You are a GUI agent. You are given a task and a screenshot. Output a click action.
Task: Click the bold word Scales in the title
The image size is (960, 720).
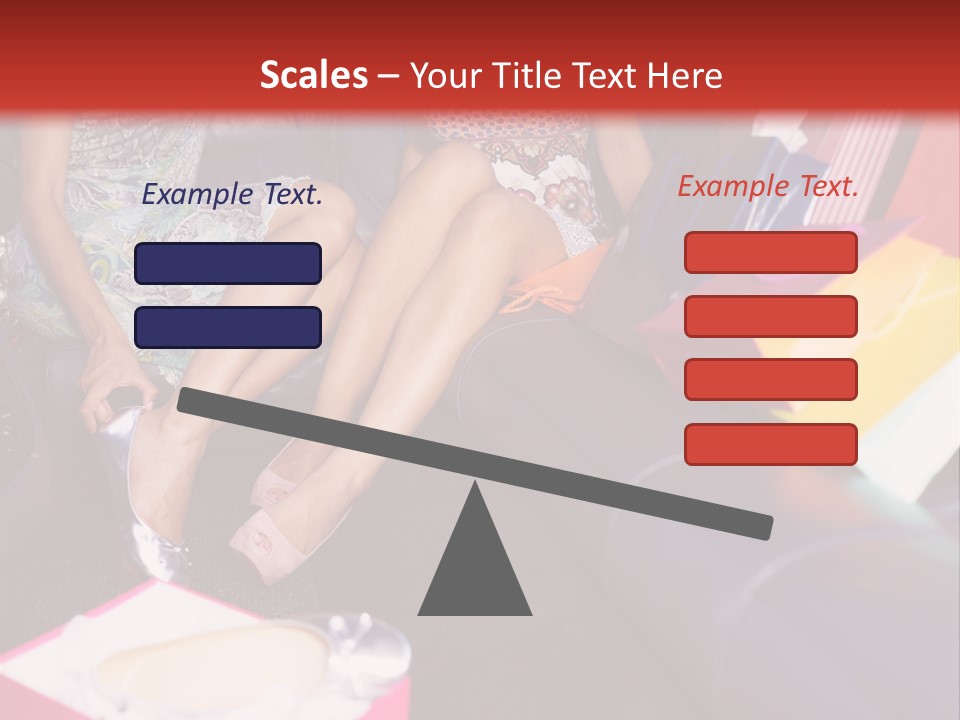coord(313,75)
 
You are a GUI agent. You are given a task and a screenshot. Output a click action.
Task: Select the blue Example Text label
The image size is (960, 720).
coord(232,195)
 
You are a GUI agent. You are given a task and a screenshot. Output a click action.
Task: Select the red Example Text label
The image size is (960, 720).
coord(768,186)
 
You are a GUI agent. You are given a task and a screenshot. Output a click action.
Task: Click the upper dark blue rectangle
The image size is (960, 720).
coord(228,263)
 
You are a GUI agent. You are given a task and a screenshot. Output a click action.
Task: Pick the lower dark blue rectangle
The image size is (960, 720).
coord(228,327)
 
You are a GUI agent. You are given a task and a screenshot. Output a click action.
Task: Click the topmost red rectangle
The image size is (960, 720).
coord(770,252)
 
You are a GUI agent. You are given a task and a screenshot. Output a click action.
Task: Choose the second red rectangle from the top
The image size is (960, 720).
coord(770,316)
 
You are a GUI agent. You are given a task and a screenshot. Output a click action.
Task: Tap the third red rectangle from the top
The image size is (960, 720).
coord(770,380)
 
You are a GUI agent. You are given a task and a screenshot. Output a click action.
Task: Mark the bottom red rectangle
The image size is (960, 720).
coord(770,444)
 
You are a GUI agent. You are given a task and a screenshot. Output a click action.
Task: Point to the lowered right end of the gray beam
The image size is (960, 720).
coord(760,526)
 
